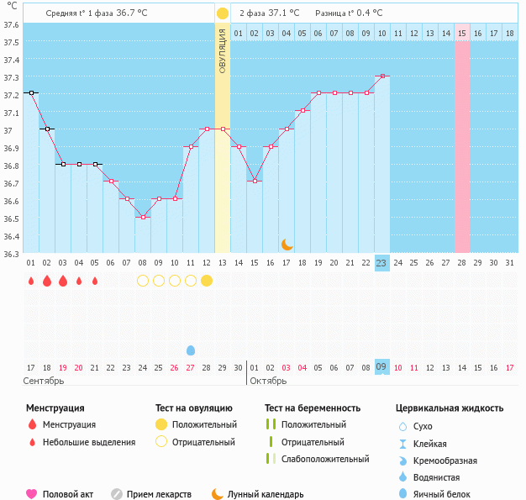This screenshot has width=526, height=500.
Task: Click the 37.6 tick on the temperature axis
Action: pyautogui.click(x=10, y=24)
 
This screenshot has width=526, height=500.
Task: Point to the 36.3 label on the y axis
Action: pyautogui.click(x=10, y=253)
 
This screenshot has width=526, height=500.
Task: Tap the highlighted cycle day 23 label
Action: pyautogui.click(x=381, y=263)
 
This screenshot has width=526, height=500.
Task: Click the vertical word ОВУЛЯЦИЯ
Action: pyautogui.click(x=223, y=50)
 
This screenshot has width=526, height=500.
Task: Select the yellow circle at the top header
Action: pyautogui.click(x=223, y=13)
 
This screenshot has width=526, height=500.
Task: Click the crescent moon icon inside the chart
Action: pyautogui.click(x=287, y=244)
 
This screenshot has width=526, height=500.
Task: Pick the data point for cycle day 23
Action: pyautogui.click(x=382, y=76)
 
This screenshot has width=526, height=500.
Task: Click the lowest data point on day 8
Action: pyautogui.click(x=143, y=218)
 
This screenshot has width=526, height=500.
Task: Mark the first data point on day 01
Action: pyautogui.click(x=31, y=92)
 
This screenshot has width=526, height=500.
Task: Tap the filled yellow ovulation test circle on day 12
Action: pyautogui.click(x=207, y=281)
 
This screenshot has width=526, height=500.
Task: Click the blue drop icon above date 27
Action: pyautogui.click(x=191, y=350)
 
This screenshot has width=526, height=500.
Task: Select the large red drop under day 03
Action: pyautogui.click(x=63, y=281)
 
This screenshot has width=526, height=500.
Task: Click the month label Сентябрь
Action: pyautogui.click(x=44, y=381)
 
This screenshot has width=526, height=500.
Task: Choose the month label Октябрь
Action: pyautogui.click(x=269, y=381)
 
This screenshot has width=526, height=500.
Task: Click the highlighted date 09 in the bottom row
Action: pyautogui.click(x=381, y=367)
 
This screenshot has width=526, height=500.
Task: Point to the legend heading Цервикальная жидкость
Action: pyautogui.click(x=450, y=408)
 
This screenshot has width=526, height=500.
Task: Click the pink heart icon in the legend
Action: pyautogui.click(x=32, y=494)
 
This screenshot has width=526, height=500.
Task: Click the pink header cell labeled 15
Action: pyautogui.click(x=462, y=33)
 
